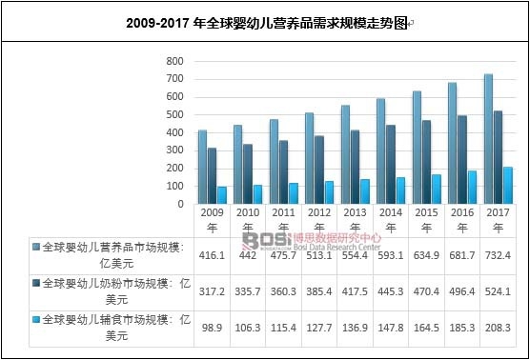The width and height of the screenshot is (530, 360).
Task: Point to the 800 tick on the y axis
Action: pyautogui.click(x=173, y=61)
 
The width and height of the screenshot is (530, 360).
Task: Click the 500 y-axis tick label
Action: pyautogui.click(x=173, y=114)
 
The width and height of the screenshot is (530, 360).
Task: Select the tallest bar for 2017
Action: pyautogui.click(x=488, y=138)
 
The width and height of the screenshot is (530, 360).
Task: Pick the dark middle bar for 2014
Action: pyautogui.click(x=391, y=164)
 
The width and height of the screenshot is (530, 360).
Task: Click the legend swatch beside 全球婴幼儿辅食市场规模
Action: pyautogui.click(x=34, y=318)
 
